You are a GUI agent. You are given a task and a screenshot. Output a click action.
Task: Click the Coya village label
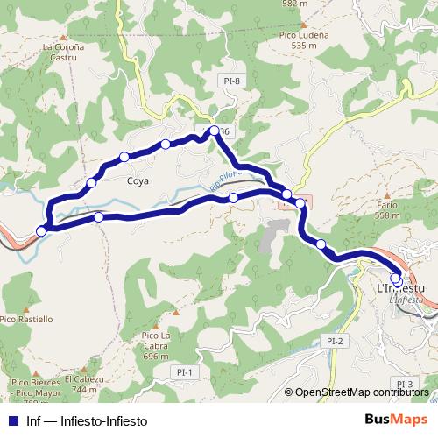pyautogui.click(x=138, y=181)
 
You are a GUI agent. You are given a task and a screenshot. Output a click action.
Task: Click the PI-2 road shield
pyautogui.click(x=332, y=341)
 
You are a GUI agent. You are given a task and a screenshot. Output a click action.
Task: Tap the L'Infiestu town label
pyautogui.click(x=399, y=288)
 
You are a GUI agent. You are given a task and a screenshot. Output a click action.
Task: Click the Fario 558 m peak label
pyautogui.click(x=387, y=209)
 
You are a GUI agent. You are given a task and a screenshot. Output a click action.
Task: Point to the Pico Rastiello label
pyautogui.click(x=26, y=319)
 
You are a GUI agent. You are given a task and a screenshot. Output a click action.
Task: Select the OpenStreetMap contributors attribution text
pyautogui.click(x=362, y=392)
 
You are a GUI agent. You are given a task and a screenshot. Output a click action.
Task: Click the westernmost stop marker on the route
pyautogui.click(x=40, y=231)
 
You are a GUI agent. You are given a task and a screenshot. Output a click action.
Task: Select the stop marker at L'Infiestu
pyautogui.click(x=396, y=279)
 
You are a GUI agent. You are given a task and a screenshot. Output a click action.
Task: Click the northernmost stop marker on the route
pyautogui.click(x=214, y=131)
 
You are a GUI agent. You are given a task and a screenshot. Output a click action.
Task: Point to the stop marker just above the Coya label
pyautogui.click(x=124, y=157)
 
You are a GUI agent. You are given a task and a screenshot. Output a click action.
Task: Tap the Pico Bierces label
pyautogui.click(x=35, y=383)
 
